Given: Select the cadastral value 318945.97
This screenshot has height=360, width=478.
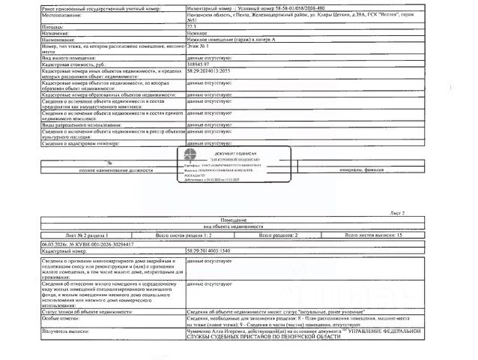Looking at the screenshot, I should (199, 64).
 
